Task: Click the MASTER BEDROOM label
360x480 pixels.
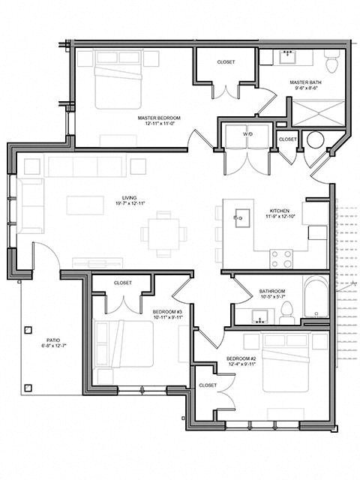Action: (x=156, y=118)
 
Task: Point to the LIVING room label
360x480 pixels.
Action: (x=119, y=197)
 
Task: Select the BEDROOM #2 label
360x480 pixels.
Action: (x=242, y=358)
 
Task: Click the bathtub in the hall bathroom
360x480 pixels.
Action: (x=316, y=299)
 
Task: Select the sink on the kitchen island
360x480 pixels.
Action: (x=238, y=218)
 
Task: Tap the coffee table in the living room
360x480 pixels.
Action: (x=84, y=205)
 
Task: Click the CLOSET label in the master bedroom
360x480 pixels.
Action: (x=226, y=61)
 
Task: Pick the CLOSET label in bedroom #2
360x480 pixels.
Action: (x=208, y=385)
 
